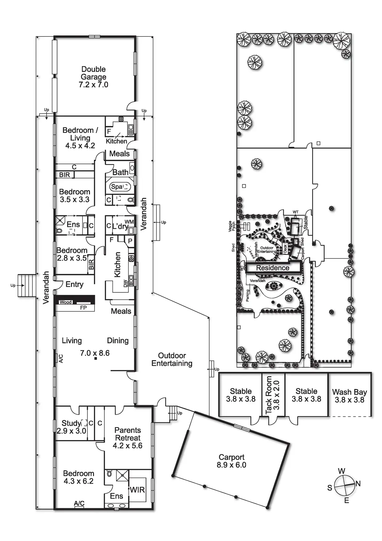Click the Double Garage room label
[x=93, y=77]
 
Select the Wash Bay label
[x=349, y=396]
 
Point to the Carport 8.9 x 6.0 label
[x=231, y=461]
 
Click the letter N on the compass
[x=358, y=484]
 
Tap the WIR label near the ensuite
[x=137, y=490]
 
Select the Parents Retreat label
[x=128, y=438]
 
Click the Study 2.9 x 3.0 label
[x=71, y=427]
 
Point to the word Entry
[x=75, y=284]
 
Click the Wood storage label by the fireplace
[x=65, y=302]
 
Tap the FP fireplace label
[x=83, y=308]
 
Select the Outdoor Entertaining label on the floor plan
[x=172, y=359]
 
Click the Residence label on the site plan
[x=273, y=268]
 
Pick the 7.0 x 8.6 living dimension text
[x=95, y=353]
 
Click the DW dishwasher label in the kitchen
[x=125, y=283]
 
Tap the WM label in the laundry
[x=129, y=222]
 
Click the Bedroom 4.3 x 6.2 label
[x=78, y=477]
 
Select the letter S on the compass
[x=330, y=488]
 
